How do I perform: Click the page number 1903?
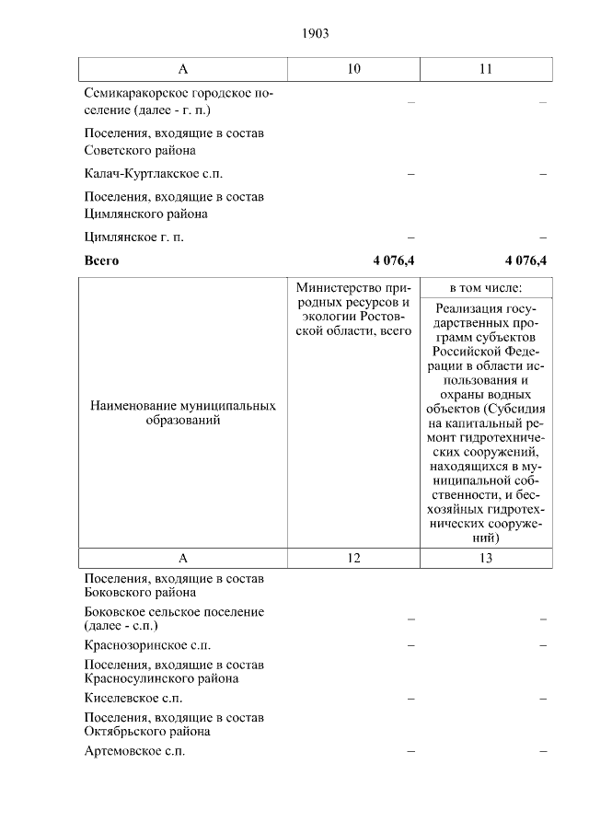[x=315, y=33]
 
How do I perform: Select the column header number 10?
[x=354, y=69]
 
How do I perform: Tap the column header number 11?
[x=486, y=69]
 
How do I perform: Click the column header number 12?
[x=354, y=558]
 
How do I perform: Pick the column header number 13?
[x=486, y=558]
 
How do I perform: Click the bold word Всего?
[x=101, y=260]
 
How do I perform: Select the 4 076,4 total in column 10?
[x=394, y=260]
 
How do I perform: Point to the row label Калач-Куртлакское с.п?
[x=153, y=173]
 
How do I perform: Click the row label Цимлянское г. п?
[x=133, y=237]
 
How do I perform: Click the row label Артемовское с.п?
[x=134, y=752]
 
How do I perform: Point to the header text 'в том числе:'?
[x=486, y=287]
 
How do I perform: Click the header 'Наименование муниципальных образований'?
[x=183, y=412]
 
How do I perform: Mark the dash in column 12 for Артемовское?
[x=410, y=753]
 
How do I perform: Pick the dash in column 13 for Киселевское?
[x=543, y=700]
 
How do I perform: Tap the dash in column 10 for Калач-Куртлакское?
[x=410, y=174]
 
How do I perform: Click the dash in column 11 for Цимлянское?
[x=543, y=238]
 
